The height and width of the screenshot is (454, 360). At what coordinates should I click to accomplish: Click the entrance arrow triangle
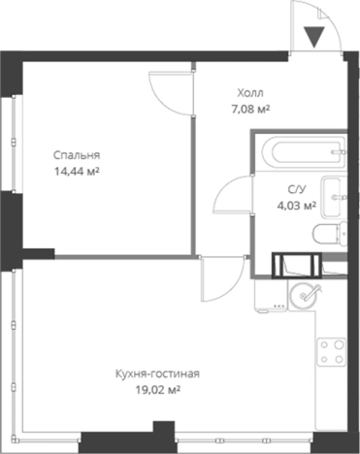(x=314, y=37)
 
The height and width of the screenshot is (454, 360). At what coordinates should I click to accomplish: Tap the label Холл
(x=250, y=93)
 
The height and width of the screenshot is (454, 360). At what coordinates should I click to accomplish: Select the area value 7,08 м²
(x=250, y=110)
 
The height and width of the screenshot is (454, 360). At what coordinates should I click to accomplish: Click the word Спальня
(x=77, y=155)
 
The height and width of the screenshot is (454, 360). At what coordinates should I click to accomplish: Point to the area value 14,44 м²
(x=77, y=171)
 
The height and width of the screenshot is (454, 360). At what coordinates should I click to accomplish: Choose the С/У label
(x=297, y=189)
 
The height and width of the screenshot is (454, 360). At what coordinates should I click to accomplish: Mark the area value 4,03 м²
(x=297, y=205)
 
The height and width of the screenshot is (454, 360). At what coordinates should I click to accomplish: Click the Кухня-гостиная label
(x=157, y=373)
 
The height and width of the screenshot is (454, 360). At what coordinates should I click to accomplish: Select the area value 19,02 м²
(x=157, y=390)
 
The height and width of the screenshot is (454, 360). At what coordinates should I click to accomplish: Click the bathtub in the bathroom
(x=304, y=151)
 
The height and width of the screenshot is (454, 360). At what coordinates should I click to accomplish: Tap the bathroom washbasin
(x=334, y=197)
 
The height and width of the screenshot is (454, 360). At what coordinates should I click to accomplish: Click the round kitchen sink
(x=303, y=294)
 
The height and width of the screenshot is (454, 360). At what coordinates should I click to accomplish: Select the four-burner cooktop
(x=332, y=352)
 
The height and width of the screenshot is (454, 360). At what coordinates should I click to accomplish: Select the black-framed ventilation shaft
(x=297, y=265)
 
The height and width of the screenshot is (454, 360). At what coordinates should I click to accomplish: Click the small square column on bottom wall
(x=164, y=427)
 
